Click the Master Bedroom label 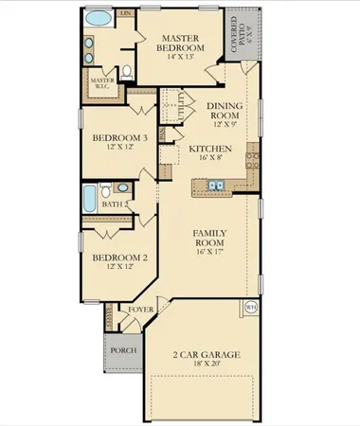pyautogui.click(x=178, y=41)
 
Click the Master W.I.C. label pyautogui.click(x=102, y=84)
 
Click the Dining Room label pyautogui.click(x=225, y=114)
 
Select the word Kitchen pyautogui.click(x=208, y=149)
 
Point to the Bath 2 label pyautogui.click(x=114, y=204)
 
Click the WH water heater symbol pyautogui.click(x=251, y=307)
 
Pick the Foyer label pyautogui.click(x=140, y=310)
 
